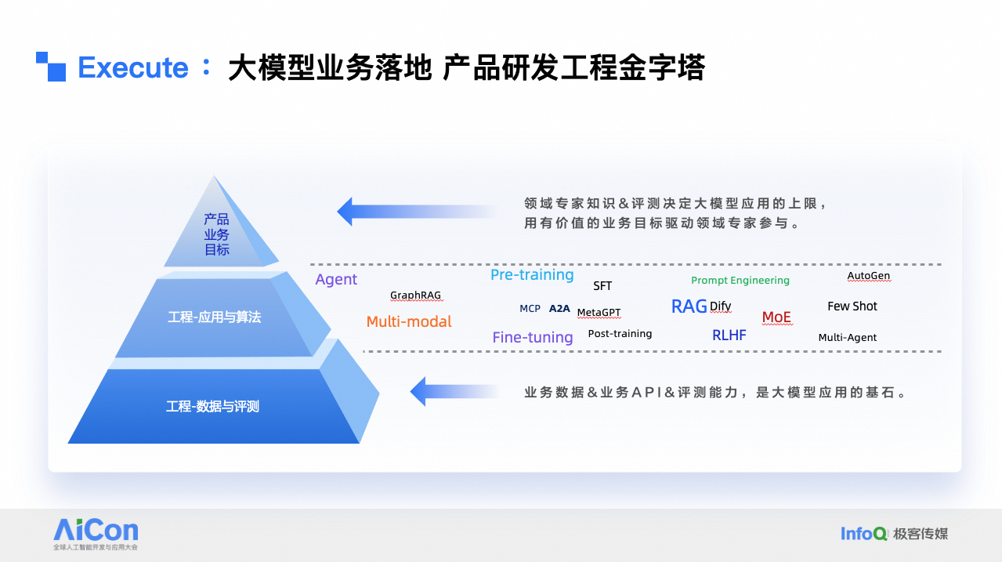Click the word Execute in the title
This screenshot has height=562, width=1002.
[x=133, y=68]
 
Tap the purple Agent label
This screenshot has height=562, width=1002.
[x=336, y=280]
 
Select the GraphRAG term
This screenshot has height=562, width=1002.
[x=415, y=296]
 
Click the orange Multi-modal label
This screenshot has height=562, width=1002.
[x=409, y=321]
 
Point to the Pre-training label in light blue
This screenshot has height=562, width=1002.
[x=532, y=275]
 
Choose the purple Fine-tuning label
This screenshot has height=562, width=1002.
[x=533, y=338]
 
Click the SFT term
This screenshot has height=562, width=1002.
[x=602, y=286]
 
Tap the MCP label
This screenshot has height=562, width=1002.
[x=530, y=309]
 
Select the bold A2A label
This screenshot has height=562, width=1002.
[x=559, y=309]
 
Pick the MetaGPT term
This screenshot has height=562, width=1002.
[x=599, y=313]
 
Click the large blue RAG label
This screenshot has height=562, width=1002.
[x=689, y=306]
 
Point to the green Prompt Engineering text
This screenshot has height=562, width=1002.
[x=740, y=281]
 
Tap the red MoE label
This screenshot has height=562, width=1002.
[x=776, y=317]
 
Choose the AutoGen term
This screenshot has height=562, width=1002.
[x=869, y=276]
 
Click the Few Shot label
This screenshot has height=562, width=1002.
[x=852, y=306]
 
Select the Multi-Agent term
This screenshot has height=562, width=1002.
[x=848, y=338]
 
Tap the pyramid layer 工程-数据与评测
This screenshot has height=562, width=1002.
[x=212, y=407]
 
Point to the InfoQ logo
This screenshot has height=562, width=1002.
[x=864, y=534]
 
